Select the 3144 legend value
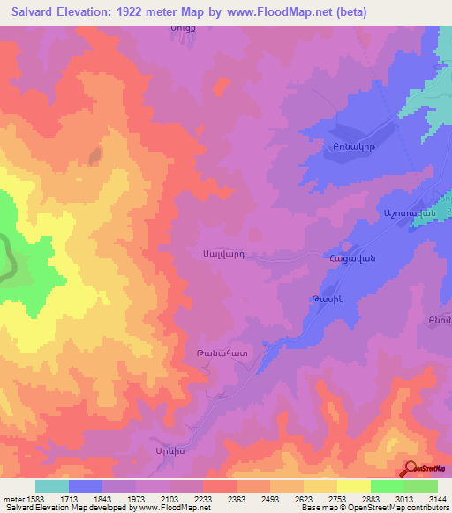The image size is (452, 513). click(x=437, y=498)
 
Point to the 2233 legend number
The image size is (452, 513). click(x=203, y=498)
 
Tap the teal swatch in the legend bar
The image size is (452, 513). click(x=52, y=486)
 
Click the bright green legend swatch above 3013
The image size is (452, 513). click(x=388, y=486)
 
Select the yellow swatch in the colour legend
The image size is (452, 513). click(x=354, y=486)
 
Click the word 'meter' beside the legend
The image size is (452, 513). click(x=14, y=498)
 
